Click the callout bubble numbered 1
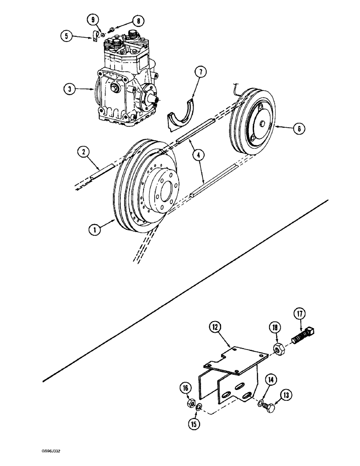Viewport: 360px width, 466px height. click(95, 229)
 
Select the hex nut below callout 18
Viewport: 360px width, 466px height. click(277, 348)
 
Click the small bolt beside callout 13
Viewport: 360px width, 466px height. click(270, 407)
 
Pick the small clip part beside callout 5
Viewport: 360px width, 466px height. click(94, 36)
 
